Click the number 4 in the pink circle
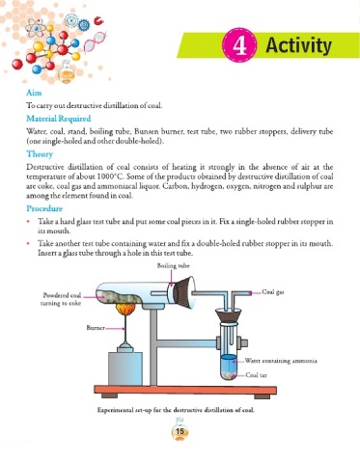[239, 45]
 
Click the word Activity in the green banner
[298, 45]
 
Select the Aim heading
[34, 93]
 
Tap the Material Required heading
[59, 119]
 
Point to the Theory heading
[40, 154]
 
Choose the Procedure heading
[44, 208]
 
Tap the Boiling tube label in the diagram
[173, 265]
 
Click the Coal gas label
[273, 292]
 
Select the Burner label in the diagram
[96, 328]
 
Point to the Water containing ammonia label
[281, 361]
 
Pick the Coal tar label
[256, 375]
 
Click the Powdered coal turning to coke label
[61, 299]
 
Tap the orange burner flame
[125, 310]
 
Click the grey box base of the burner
[125, 368]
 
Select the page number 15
[180, 431]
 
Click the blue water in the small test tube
[229, 364]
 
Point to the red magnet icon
[98, 21]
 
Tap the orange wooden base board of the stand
[185, 390]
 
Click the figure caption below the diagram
[176, 410]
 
